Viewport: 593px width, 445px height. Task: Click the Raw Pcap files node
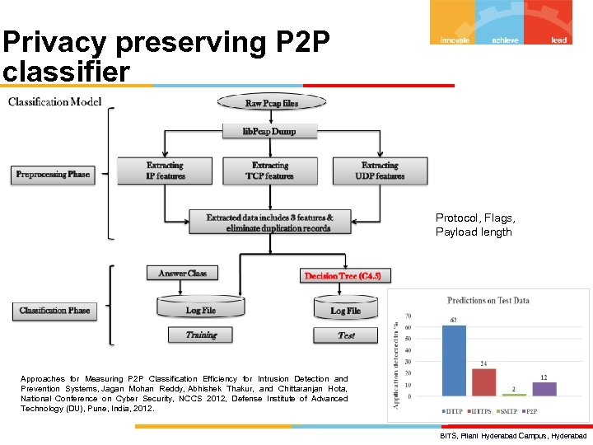(271, 103)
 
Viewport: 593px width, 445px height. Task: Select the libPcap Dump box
(270, 131)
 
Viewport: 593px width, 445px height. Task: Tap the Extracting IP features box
(165, 171)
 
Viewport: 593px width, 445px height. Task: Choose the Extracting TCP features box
(271, 171)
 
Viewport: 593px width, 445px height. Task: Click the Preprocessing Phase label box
(53, 174)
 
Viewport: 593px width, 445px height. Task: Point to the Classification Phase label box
(54, 311)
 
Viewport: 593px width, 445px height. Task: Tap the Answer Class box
(182, 273)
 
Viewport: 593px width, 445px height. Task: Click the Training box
(200, 335)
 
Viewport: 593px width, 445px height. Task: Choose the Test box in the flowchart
(346, 335)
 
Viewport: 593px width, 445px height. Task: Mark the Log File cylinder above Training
(200, 309)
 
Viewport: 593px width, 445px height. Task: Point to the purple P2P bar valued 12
(544, 388)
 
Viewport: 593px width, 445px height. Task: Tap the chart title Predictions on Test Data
(488, 301)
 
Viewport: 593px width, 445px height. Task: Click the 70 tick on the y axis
(408, 316)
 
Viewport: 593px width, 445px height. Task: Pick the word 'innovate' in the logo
(455, 40)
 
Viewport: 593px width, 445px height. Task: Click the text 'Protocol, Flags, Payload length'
(475, 225)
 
